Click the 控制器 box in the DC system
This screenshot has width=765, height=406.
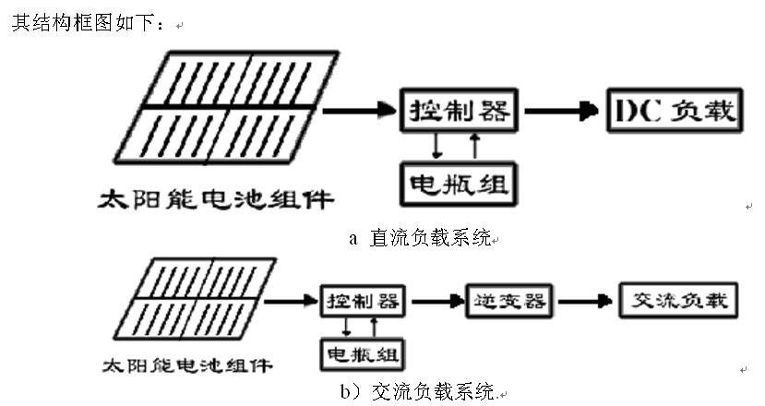(x=458, y=112)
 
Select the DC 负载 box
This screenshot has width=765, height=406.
(x=674, y=112)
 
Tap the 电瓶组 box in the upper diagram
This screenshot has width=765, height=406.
(x=457, y=183)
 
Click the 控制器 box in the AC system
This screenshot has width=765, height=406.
(x=364, y=301)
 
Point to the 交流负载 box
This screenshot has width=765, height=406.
(x=678, y=301)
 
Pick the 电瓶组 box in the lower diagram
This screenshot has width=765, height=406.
(x=364, y=353)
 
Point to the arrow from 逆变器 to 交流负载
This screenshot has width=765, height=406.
(x=585, y=301)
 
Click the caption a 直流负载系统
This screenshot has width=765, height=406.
(x=420, y=238)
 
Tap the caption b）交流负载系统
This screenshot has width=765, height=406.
(x=416, y=392)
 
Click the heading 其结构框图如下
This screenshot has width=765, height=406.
(x=87, y=24)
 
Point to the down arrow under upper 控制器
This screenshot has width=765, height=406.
(x=438, y=145)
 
